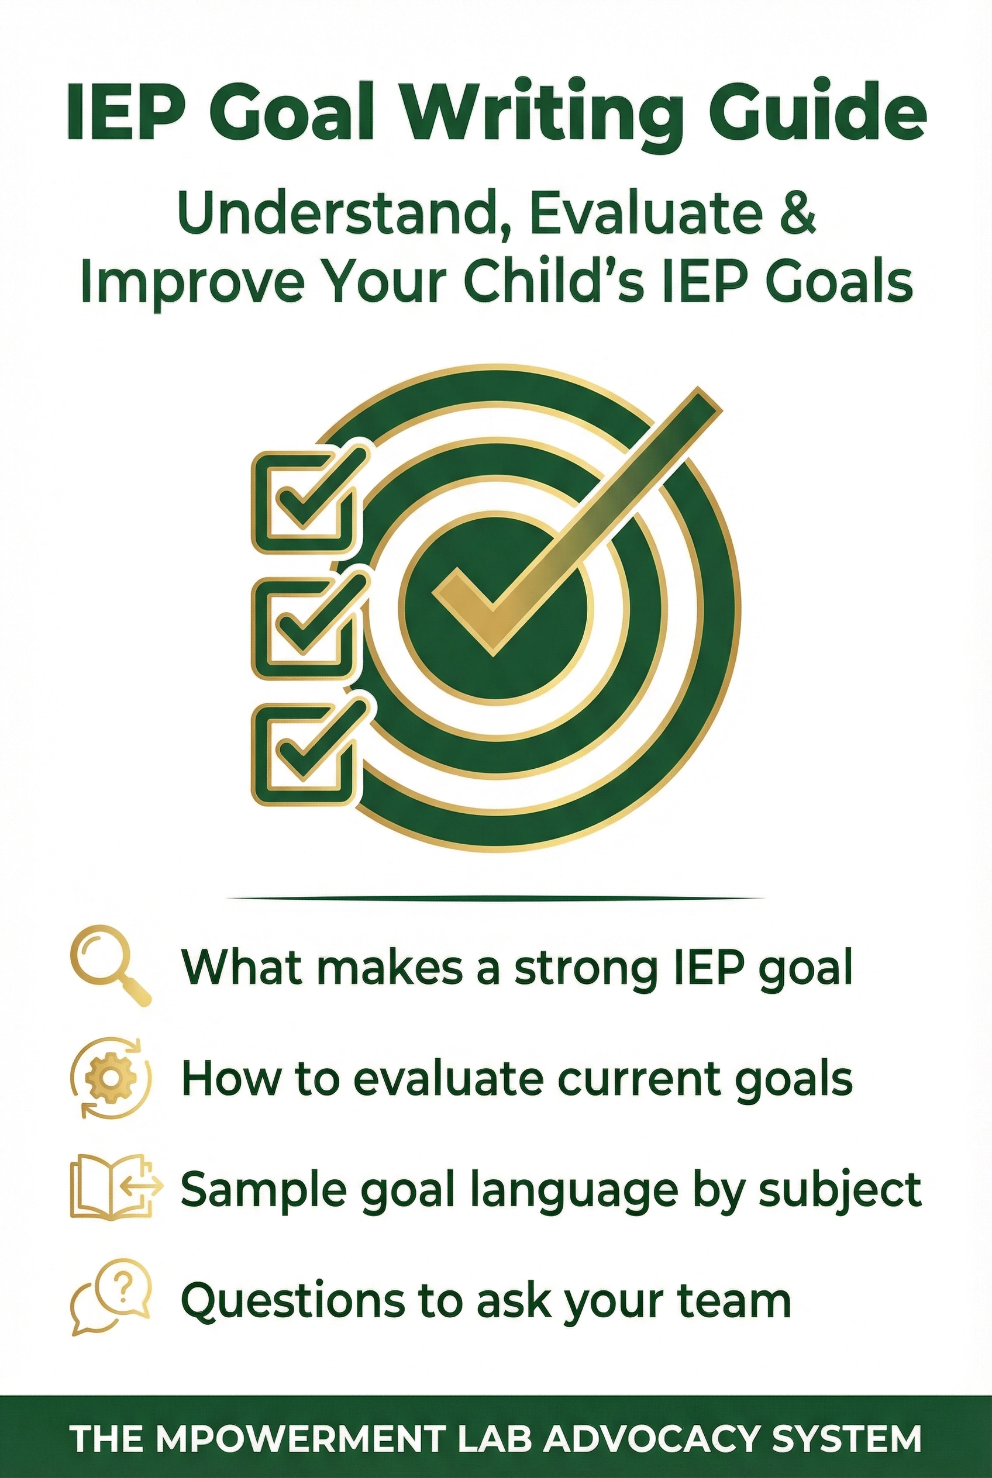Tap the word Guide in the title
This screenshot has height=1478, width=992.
tap(817, 111)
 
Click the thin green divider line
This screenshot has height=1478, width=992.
tap(495, 897)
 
